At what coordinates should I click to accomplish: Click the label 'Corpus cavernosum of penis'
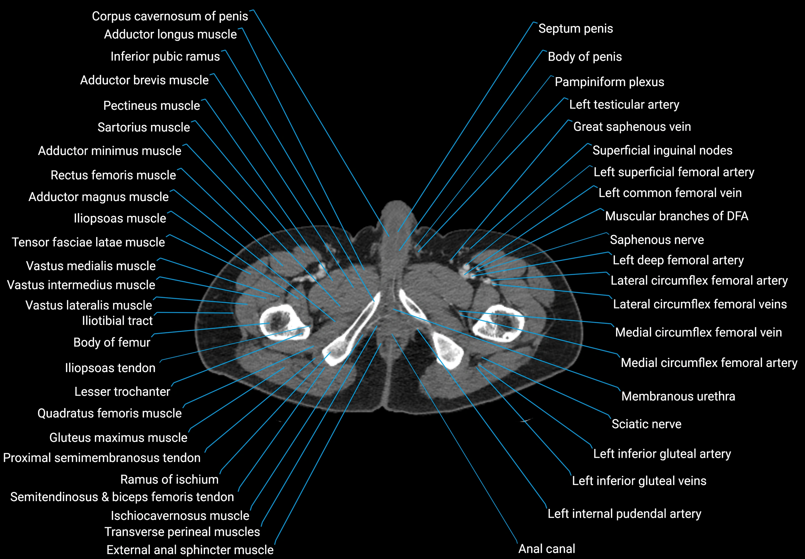pyautogui.click(x=170, y=16)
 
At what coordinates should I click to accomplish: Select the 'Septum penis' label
pyautogui.click(x=576, y=29)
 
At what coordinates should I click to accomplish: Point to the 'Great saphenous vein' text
pyautogui.click(x=632, y=127)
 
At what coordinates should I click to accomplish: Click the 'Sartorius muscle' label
pyautogui.click(x=144, y=127)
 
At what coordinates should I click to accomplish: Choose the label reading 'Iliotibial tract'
pyautogui.click(x=117, y=321)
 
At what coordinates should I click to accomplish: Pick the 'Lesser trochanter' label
pyautogui.click(x=122, y=392)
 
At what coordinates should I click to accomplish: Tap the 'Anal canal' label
pyautogui.click(x=546, y=548)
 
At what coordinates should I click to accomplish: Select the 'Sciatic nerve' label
pyautogui.click(x=646, y=424)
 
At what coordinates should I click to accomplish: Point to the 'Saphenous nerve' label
pyautogui.click(x=657, y=240)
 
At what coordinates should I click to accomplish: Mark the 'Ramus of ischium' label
pyautogui.click(x=169, y=480)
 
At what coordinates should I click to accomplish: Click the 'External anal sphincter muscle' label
pyautogui.click(x=190, y=550)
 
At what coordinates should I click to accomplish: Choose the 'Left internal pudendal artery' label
pyautogui.click(x=624, y=514)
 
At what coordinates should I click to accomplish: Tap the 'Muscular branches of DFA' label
pyautogui.click(x=676, y=216)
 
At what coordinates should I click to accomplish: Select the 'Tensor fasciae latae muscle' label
pyautogui.click(x=88, y=242)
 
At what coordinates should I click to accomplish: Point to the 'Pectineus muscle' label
pyautogui.click(x=151, y=106)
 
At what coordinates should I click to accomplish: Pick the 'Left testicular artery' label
pyautogui.click(x=624, y=104)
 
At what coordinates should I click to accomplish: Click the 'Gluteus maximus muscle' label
pyautogui.click(x=119, y=438)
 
